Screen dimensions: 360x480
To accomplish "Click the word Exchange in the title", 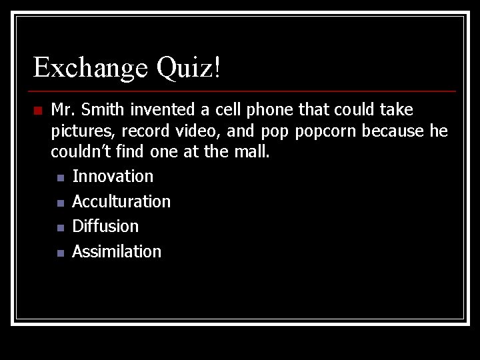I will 91,68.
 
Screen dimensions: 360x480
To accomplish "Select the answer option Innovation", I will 113,177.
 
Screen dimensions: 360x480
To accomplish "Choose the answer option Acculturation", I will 121,201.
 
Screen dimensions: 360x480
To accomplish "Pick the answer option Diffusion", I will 105,227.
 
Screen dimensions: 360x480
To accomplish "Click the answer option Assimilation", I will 117,251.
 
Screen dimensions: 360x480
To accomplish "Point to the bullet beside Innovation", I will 60,178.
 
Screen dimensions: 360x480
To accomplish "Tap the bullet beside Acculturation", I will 60,203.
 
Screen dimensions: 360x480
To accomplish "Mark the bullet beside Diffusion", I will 60,228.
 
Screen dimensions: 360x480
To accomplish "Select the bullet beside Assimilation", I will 60,253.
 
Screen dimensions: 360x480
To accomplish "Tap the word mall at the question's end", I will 252,152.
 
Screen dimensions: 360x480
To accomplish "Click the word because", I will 393,131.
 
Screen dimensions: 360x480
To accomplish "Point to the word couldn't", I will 83,152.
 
